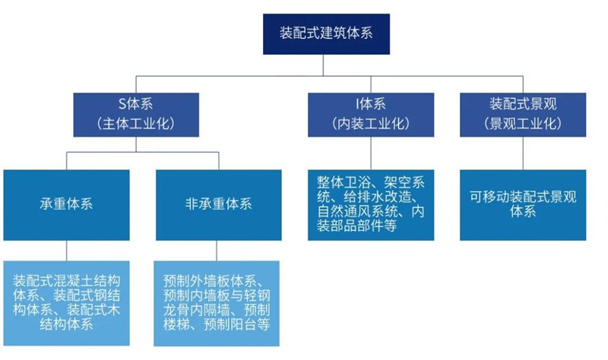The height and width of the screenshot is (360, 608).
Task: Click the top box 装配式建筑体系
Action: click(326, 33)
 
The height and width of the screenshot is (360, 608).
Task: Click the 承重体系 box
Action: click(66, 204)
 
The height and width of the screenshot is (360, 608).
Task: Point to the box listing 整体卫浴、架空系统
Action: click(371, 204)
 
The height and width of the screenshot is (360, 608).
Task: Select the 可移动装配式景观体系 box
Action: click(524, 204)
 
